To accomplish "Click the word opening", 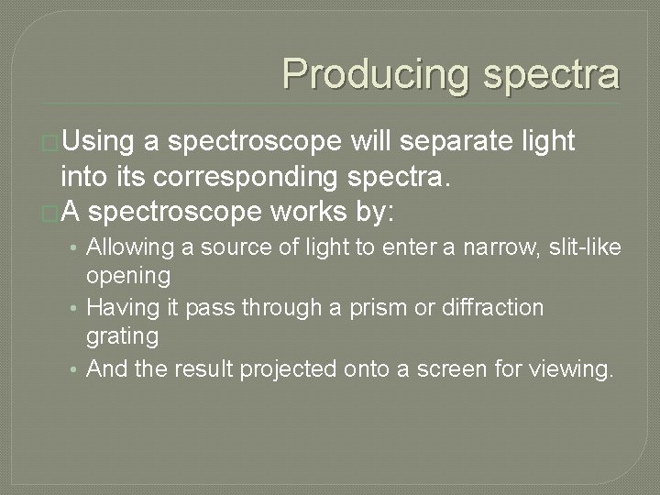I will [128, 276].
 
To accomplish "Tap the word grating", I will [122, 336].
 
